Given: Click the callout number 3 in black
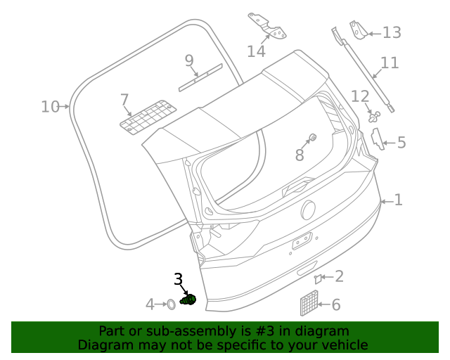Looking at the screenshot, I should click(178, 280).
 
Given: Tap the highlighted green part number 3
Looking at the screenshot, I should click(187, 301).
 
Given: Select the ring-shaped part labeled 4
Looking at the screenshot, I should click(169, 304).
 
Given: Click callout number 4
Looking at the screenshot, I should click(150, 304).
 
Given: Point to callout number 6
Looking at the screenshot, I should click(335, 304).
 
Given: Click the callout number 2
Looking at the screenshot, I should click(339, 276).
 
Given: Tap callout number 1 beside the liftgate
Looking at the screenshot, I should click(398, 200).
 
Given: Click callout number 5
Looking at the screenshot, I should click(401, 143).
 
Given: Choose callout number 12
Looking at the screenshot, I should click(360, 96).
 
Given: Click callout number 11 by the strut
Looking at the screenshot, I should click(390, 63).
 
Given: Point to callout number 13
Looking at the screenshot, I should click(391, 32).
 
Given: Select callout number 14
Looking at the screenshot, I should click(256, 51).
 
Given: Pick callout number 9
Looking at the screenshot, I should click(189, 60).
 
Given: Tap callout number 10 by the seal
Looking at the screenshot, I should click(50, 107).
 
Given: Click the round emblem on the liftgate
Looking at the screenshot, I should click(308, 210).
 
